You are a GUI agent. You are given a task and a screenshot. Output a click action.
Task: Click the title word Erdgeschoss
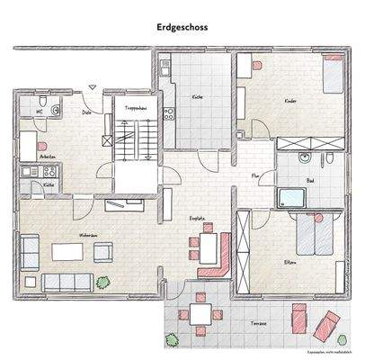(182, 28)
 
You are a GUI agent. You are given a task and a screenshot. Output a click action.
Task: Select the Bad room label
(310, 181)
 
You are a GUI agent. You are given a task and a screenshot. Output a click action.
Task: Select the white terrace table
(200, 313)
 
